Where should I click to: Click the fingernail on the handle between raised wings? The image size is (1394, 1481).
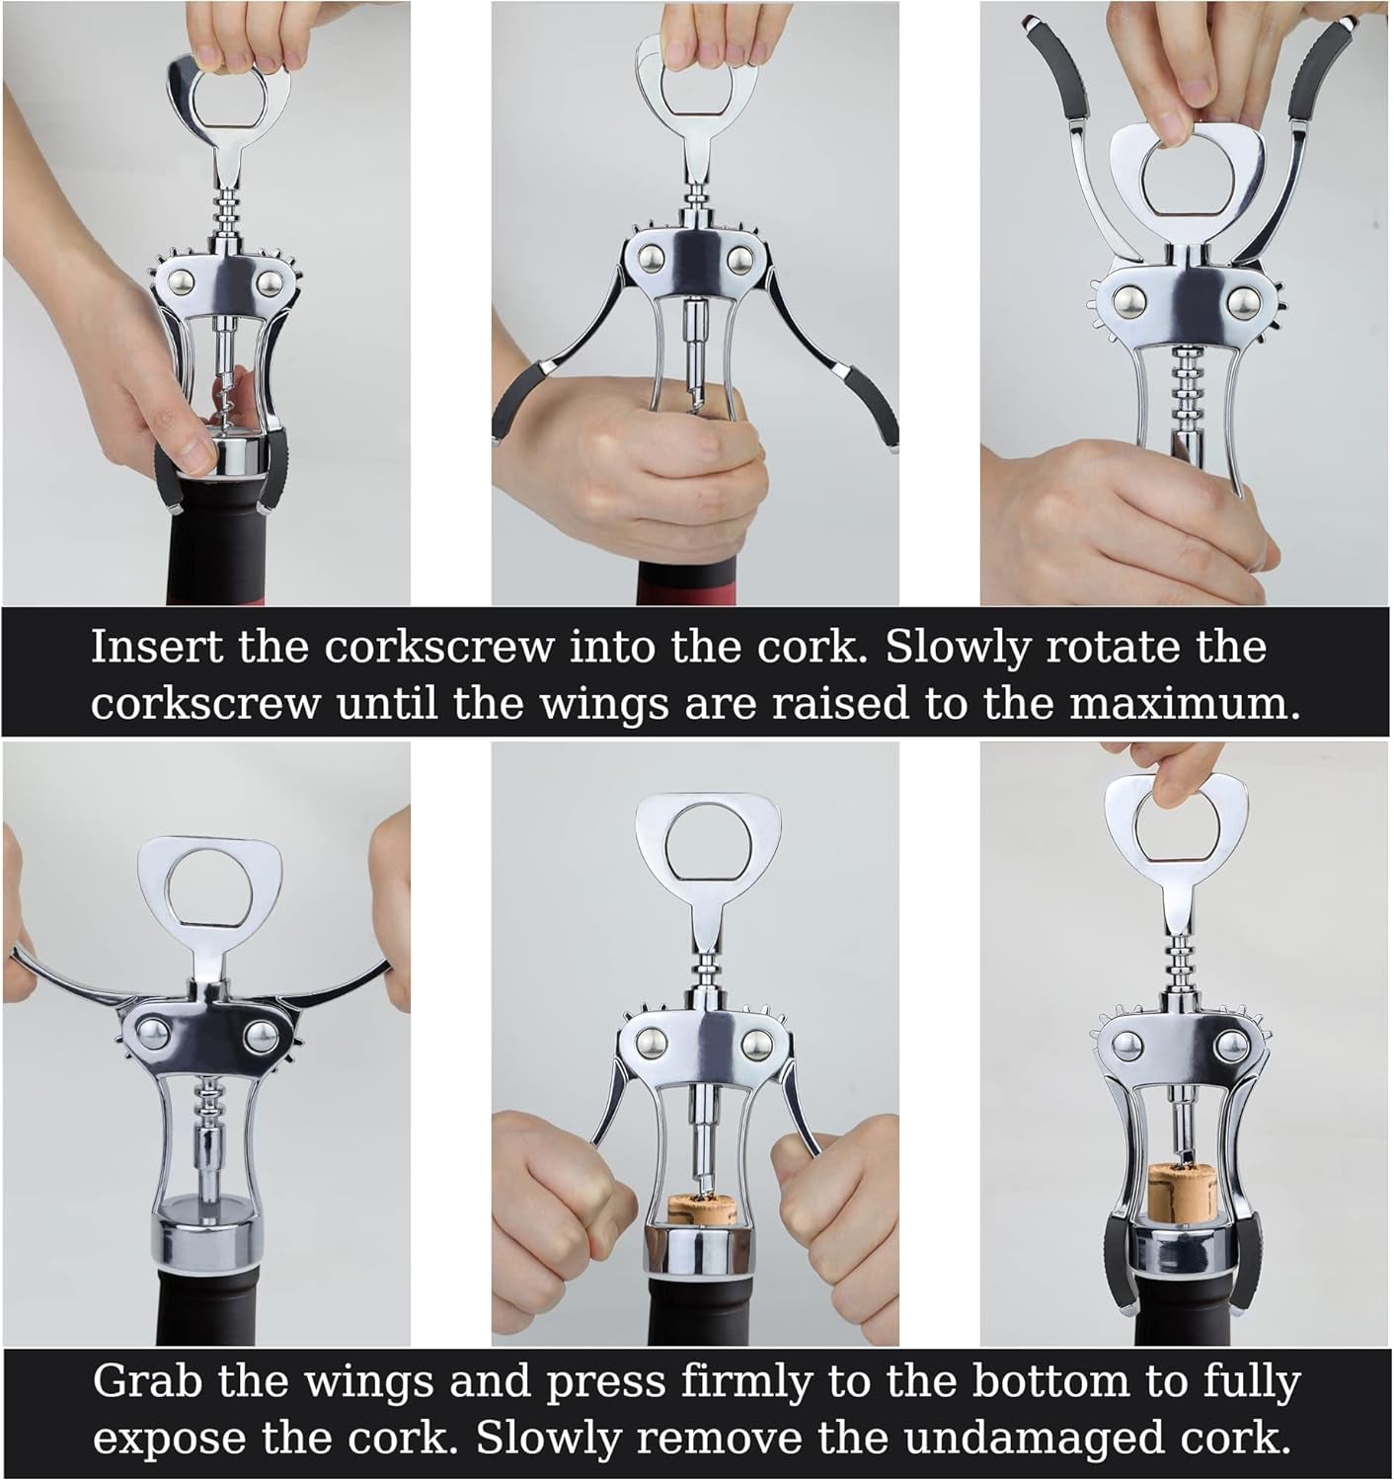[x=1176, y=125]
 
